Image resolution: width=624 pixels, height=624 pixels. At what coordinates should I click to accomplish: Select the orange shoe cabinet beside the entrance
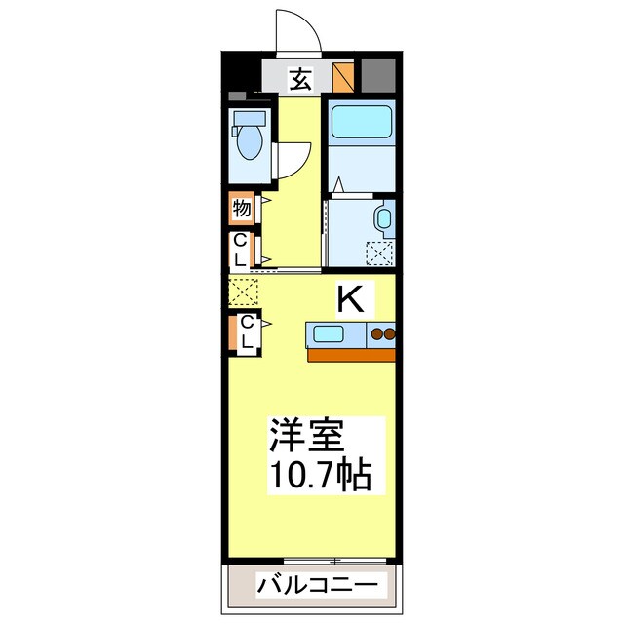point(343,76)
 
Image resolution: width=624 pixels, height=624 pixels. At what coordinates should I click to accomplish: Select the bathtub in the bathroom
point(358,123)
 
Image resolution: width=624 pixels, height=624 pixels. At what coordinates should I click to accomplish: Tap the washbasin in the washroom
point(382,219)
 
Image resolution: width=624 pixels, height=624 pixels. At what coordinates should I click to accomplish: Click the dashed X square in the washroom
point(378,252)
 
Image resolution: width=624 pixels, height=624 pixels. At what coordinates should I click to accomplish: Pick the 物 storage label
point(242,207)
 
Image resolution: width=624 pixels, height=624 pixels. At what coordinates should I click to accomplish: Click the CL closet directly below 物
point(241,250)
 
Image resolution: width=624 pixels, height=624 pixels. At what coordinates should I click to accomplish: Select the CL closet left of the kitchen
point(246,333)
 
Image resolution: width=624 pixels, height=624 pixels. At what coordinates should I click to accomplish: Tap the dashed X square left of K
point(242,291)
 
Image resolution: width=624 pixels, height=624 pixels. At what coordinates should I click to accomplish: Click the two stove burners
point(381,335)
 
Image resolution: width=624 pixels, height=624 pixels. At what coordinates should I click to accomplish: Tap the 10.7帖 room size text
point(318,476)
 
